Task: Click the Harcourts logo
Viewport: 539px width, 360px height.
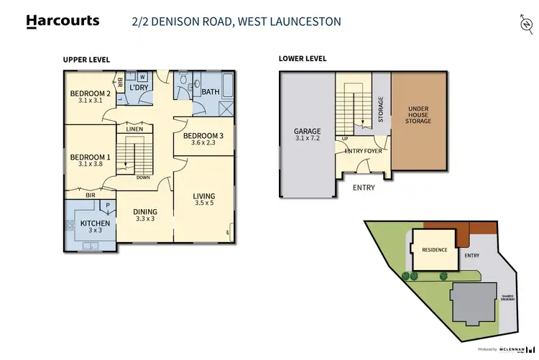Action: point(63,21)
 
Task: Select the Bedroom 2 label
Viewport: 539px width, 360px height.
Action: point(90,93)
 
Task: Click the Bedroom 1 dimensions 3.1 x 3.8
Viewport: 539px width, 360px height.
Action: point(90,164)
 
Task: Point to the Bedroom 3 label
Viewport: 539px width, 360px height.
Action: point(203,136)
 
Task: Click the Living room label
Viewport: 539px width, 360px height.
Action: point(204,196)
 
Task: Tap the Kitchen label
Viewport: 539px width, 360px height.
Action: point(96,224)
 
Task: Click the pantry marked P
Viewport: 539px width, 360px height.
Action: point(107,204)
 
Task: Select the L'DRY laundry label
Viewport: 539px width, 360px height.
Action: point(139,88)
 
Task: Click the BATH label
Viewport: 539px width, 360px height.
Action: point(211,92)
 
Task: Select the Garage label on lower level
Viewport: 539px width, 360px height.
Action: point(307,131)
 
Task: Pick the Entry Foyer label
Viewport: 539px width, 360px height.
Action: point(363,151)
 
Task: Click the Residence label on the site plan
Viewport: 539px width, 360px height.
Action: point(434,250)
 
